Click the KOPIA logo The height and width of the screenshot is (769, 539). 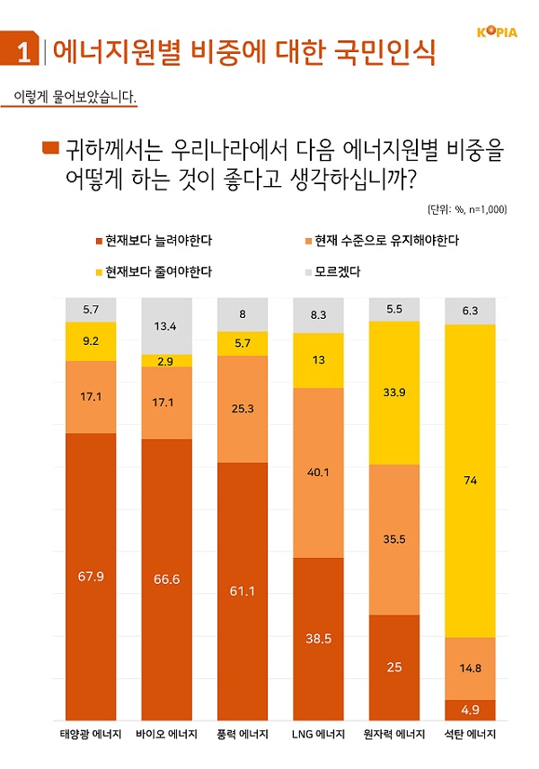[x=496, y=32]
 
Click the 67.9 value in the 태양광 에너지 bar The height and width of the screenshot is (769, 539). [x=92, y=576]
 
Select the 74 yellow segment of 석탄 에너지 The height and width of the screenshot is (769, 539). [x=471, y=481]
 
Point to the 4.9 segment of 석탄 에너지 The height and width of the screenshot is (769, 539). [x=471, y=710]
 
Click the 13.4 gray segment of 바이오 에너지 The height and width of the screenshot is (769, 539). [x=167, y=325]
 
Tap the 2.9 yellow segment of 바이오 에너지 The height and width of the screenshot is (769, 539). [x=167, y=360]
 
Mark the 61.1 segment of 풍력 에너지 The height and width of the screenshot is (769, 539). [x=243, y=590]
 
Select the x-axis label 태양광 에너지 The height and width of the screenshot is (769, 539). [x=92, y=735]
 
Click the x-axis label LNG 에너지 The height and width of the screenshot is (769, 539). [x=319, y=735]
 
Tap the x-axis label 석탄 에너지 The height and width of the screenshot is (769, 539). [x=471, y=735]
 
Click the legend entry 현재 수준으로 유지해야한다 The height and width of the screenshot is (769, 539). [x=381, y=241]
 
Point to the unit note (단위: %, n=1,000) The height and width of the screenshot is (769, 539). [x=467, y=209]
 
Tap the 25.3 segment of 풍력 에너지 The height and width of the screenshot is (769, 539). [x=243, y=409]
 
